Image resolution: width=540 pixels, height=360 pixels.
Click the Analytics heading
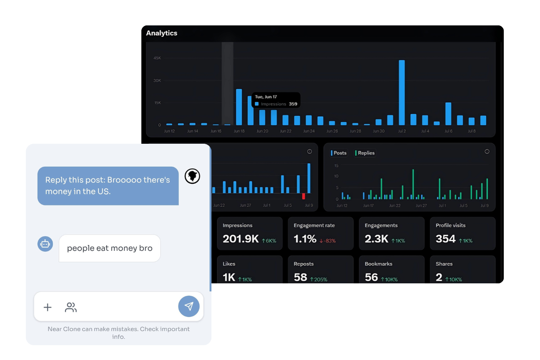click(161, 33)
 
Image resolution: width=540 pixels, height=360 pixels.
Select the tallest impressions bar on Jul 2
click(402, 92)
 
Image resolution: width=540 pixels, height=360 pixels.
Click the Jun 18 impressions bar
click(239, 107)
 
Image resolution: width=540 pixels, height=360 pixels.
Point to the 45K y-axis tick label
click(157, 58)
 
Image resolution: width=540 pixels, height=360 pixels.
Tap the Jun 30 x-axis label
click(379, 131)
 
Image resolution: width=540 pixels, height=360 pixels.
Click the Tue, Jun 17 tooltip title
click(266, 97)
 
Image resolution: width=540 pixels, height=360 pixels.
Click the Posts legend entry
click(339, 153)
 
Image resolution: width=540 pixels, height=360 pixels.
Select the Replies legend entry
click(365, 153)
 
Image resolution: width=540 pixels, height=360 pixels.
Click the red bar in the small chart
click(304, 196)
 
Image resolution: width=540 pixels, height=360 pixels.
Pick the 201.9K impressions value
click(241, 239)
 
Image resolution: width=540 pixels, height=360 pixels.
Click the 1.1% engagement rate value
click(305, 239)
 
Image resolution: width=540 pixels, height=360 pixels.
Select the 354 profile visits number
click(445, 239)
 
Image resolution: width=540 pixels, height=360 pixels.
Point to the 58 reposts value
click(300, 277)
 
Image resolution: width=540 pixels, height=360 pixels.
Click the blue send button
click(189, 307)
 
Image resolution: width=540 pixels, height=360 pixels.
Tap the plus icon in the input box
click(48, 307)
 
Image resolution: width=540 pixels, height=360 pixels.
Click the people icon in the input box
click(71, 307)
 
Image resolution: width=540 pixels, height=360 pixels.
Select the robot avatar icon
click(45, 244)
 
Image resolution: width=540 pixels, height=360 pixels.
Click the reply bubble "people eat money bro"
click(110, 248)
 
